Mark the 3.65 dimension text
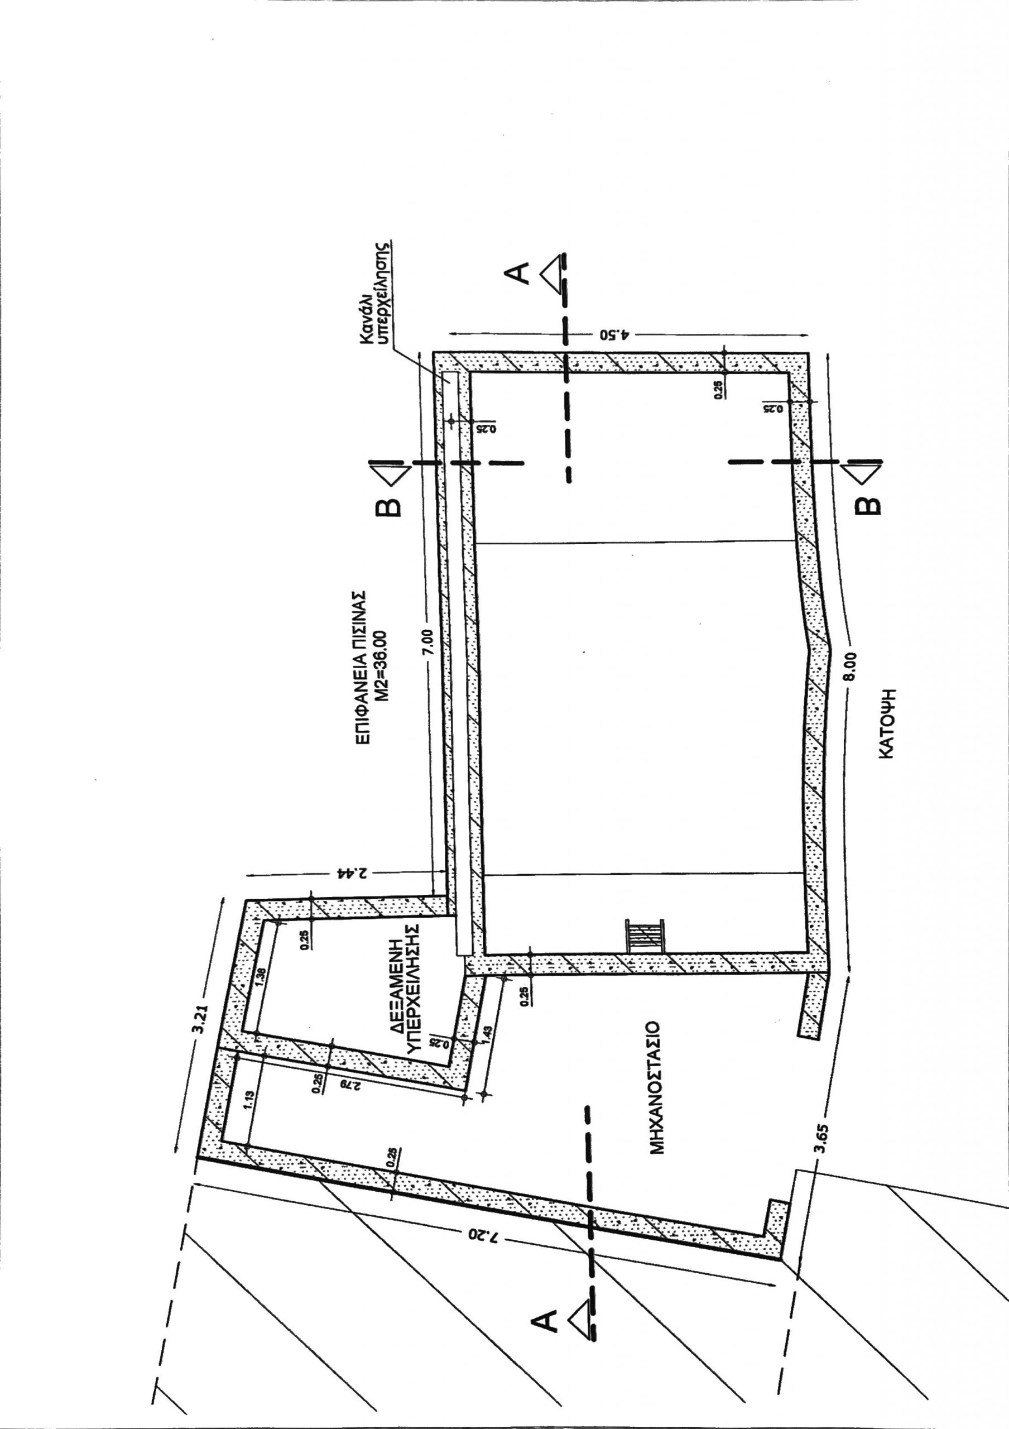[820, 1124]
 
